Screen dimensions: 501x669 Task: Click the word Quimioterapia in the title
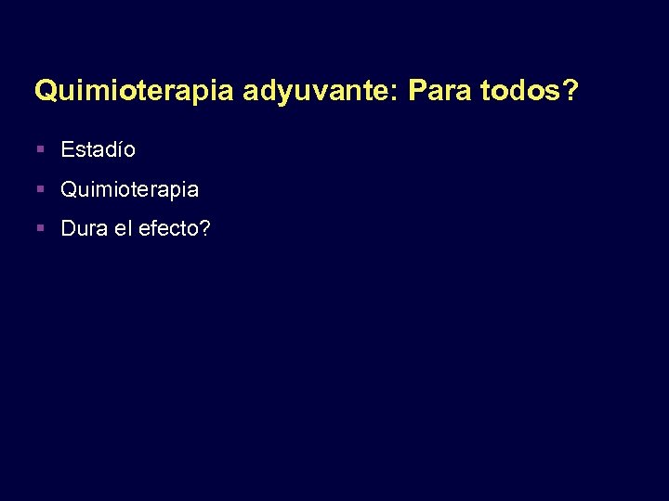[x=136, y=90]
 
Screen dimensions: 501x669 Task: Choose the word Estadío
[x=98, y=149]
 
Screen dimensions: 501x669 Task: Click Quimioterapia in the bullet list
[x=129, y=190]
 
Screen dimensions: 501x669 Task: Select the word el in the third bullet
[x=123, y=229]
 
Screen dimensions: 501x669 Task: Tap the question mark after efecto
[x=204, y=229]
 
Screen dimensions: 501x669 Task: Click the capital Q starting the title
[x=44, y=90]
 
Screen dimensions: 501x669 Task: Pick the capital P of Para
[x=415, y=90]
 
